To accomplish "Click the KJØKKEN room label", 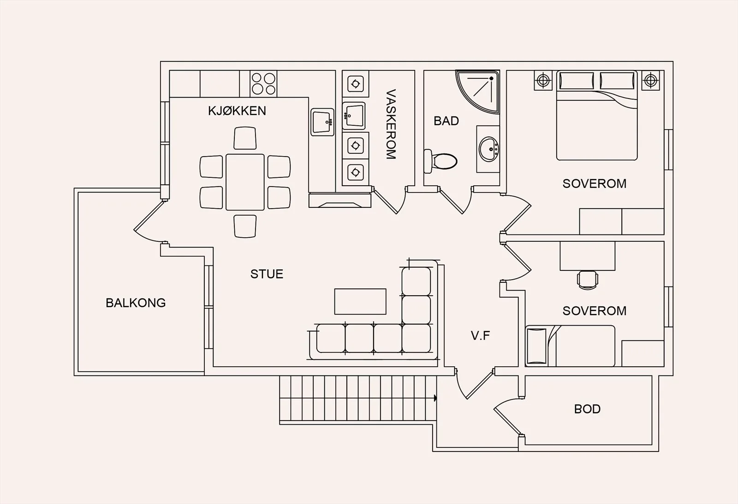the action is coord(237,111).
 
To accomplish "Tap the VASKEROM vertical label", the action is coord(391,124).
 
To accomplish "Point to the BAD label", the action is coord(446,121).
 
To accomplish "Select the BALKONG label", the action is coord(136,303).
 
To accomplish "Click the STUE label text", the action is coord(267,274).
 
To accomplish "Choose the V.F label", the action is coord(480,335).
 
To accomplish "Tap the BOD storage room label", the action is coord(587,409).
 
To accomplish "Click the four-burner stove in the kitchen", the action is coord(263,83).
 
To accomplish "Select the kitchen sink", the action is coord(322,122).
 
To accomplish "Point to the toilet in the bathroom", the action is coord(440,161).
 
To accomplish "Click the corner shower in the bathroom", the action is coord(478,92).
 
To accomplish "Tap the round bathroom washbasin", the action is coord(489,149).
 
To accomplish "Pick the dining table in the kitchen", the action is coord(245,182).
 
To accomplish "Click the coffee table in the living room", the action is coord(360,301).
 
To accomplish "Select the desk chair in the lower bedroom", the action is coord(588,280).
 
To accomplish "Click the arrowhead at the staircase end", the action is coord(435,398).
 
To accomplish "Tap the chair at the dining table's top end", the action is coord(245,138).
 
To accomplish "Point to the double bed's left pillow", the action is coord(577,81).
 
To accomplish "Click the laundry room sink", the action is coord(354,116).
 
